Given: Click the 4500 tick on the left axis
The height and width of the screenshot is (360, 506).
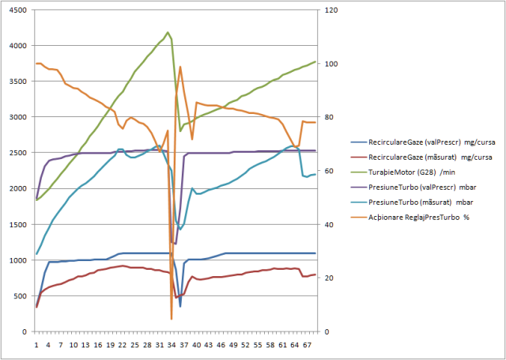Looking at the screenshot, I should [17, 10].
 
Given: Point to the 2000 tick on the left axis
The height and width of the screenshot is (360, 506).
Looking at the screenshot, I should [17, 188].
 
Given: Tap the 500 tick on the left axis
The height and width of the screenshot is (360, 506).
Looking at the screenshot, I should [20, 296].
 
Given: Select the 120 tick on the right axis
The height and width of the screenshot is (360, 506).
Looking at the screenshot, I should [327, 10].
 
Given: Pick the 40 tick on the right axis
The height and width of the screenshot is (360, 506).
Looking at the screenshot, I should [325, 225].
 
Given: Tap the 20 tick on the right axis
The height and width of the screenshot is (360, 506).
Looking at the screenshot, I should [325, 279].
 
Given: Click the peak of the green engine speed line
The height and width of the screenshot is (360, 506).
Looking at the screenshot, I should [168, 32].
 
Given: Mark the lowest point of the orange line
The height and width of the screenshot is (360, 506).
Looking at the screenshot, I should [172, 319].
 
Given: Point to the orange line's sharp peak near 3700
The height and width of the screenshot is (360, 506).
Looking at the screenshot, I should [180, 66].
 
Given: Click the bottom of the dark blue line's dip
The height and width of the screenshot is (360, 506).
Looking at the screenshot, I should [180, 306].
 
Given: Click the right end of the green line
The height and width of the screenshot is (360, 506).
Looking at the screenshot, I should [315, 62].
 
